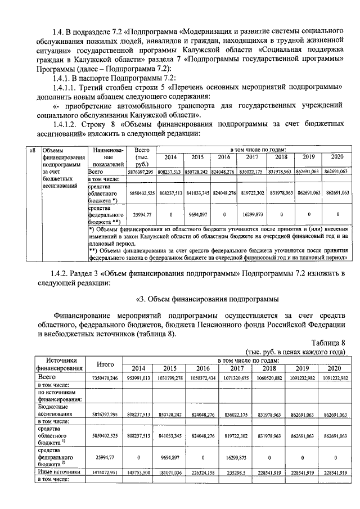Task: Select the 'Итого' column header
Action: click(x=105, y=364)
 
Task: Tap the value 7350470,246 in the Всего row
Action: click(x=105, y=378)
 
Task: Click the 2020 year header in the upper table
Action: click(x=337, y=157)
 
